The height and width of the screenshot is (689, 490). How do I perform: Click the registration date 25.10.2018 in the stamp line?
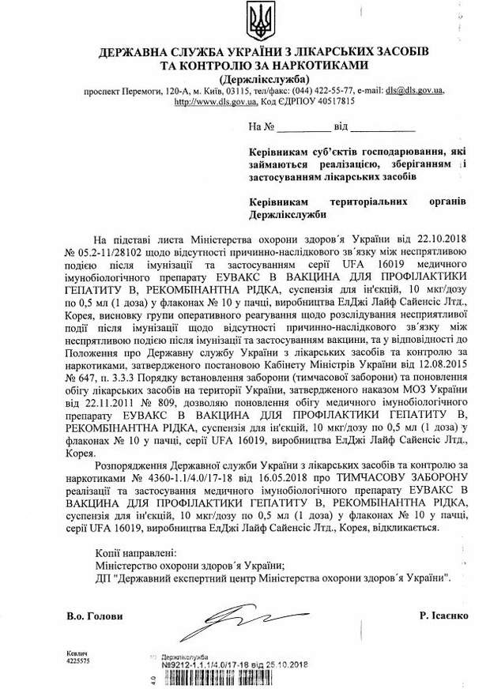pyautogui.click(x=288, y=665)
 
